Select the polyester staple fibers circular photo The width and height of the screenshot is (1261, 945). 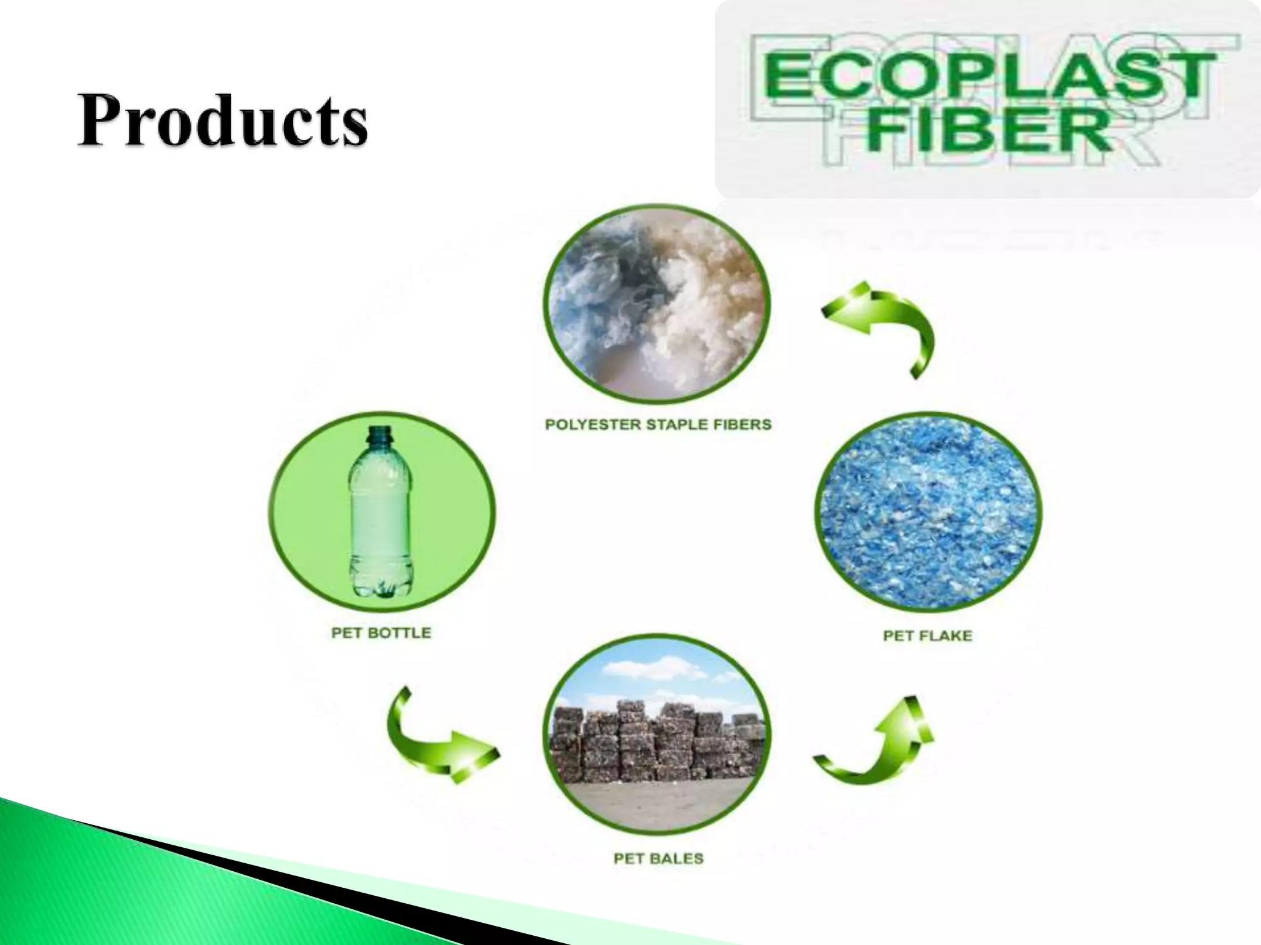pos(657,306)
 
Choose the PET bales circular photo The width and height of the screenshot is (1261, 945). pos(657,736)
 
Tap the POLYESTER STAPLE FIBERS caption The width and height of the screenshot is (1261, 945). pos(658,425)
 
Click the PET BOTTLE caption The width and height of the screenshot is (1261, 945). pos(381,633)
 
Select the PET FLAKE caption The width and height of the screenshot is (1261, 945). pos(927,636)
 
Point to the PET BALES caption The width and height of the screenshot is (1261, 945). pos(658,859)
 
